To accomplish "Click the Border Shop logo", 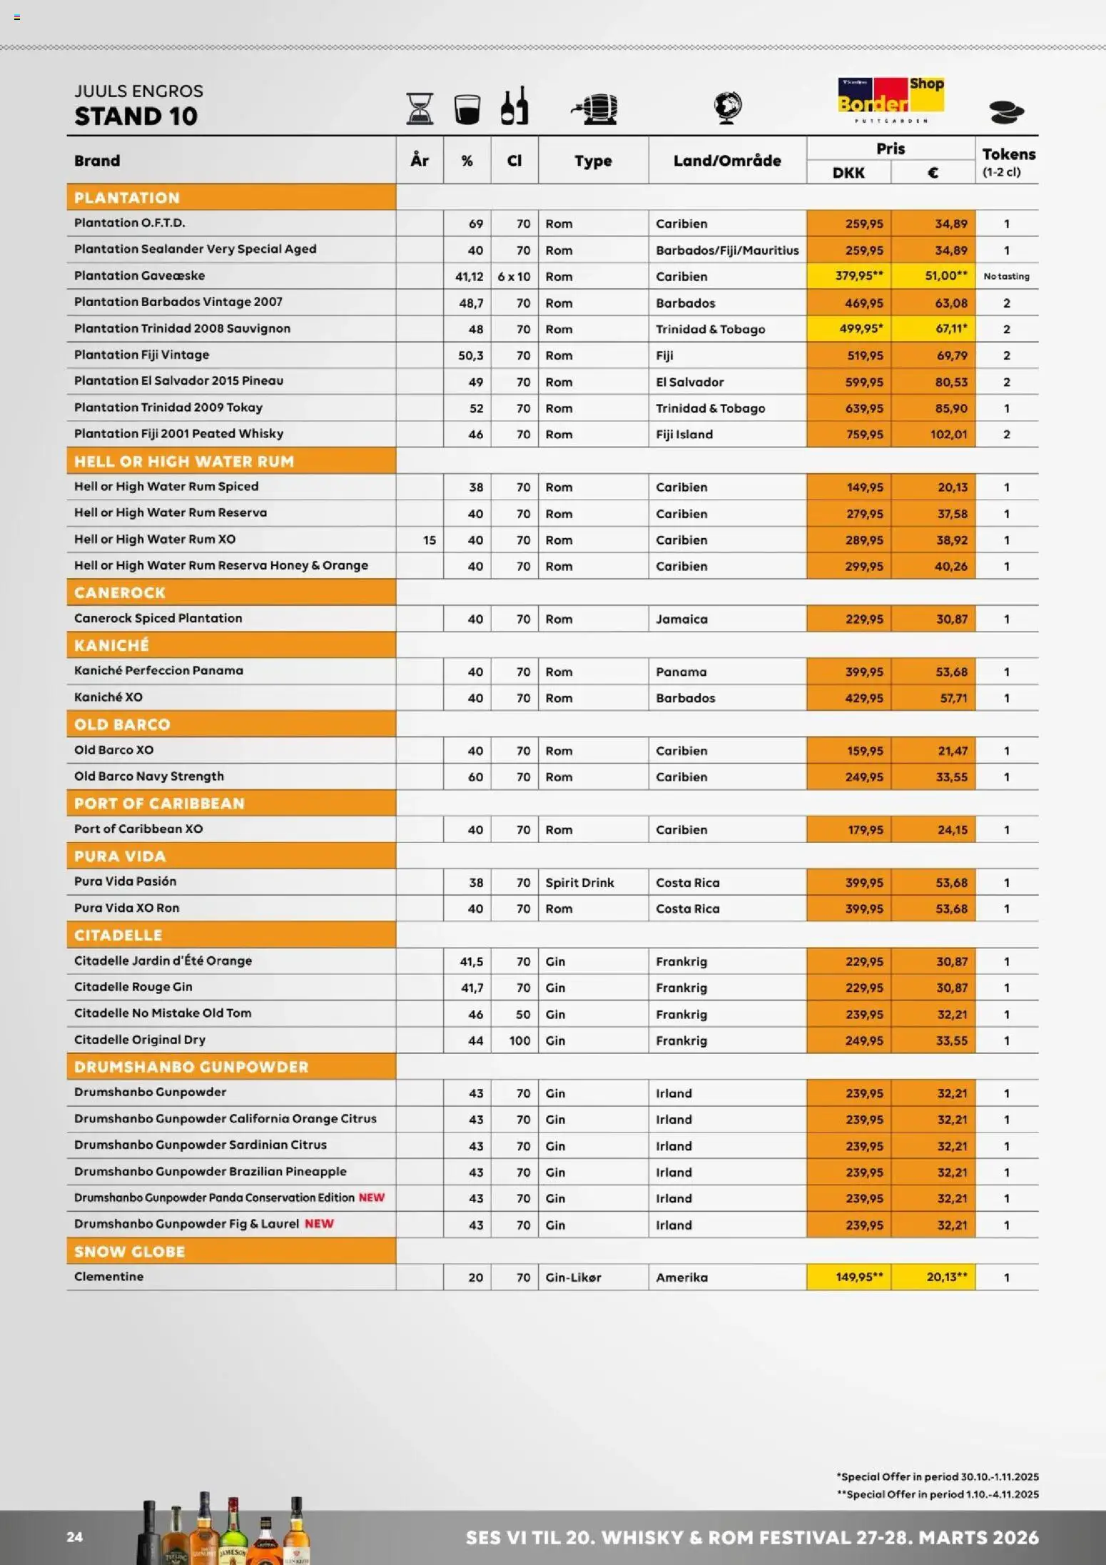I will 891,100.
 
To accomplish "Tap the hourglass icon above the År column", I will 420,108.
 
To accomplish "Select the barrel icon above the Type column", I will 594,108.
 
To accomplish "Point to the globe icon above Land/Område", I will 727,108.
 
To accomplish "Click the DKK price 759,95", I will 863,434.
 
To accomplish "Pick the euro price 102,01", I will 948,434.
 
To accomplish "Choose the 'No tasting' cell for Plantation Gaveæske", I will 1006,276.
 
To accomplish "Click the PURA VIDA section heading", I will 120,856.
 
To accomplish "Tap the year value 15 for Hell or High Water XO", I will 429,540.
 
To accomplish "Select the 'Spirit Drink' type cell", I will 579,882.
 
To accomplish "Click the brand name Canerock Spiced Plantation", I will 158,618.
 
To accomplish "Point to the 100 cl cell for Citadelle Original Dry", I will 519,1040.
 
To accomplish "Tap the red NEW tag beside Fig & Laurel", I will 319,1223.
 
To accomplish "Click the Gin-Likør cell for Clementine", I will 573,1277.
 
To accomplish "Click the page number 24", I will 75,1537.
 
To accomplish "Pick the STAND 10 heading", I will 136,116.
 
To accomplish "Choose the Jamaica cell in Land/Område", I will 681,619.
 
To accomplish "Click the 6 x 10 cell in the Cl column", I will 514,276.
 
